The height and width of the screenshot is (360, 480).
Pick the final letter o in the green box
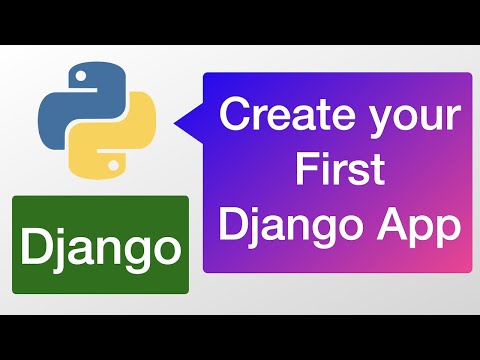click(166, 245)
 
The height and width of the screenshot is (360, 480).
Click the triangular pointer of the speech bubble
click(189, 125)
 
